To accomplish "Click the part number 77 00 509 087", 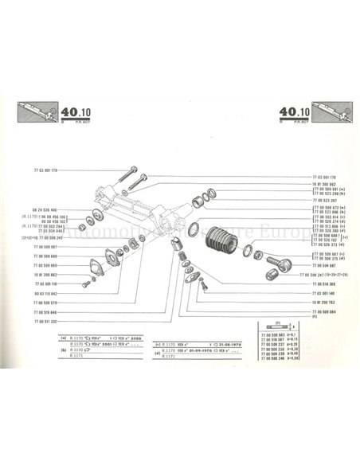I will pyautogui.click(x=46, y=247).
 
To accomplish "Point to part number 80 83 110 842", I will pyautogui.click(x=47, y=292).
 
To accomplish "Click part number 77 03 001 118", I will pyautogui.click(x=47, y=283).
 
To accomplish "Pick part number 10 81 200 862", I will pyautogui.click(x=46, y=273).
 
